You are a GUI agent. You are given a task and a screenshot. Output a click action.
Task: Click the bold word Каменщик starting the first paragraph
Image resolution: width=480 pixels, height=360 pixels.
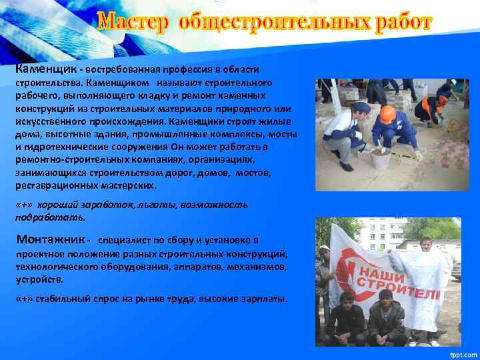[45, 69]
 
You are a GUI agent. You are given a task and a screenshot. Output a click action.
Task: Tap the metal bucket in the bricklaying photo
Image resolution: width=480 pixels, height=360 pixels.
[380, 158]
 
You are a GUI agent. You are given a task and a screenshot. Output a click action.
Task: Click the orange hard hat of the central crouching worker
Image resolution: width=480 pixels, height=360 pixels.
[387, 113]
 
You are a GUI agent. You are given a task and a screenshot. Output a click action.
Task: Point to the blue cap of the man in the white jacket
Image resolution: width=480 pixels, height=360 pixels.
[361, 107]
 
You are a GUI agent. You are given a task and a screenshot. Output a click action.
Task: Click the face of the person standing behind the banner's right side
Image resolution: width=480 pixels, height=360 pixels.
[427, 246]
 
